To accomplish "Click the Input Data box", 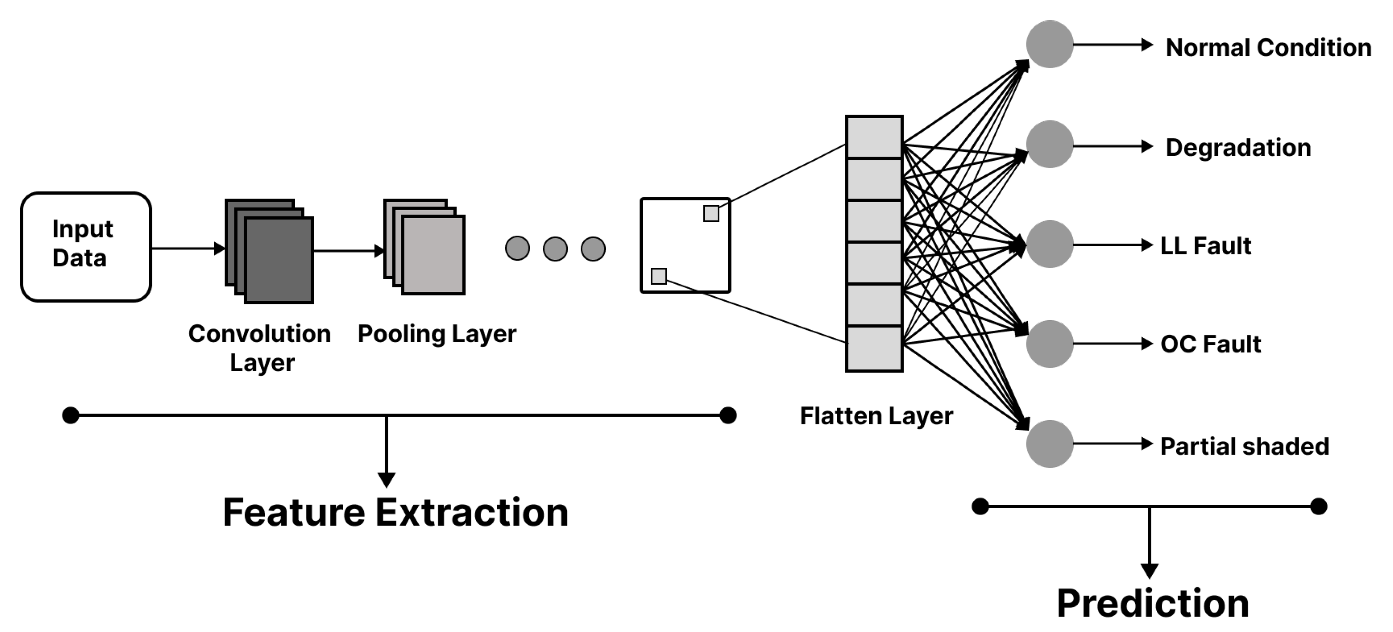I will tap(85, 247).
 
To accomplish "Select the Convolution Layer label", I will tap(260, 347).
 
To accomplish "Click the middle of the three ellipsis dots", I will tap(555, 249).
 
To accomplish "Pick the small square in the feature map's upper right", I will tap(711, 214).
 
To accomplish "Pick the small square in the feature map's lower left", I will tap(659, 276).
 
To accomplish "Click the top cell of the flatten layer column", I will tap(874, 137).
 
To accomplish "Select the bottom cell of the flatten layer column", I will tap(874, 349).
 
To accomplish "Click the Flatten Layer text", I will tap(876, 416).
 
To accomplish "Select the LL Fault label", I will tap(1205, 246).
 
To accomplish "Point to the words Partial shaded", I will tap(1244, 447).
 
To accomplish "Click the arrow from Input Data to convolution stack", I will tap(186, 249).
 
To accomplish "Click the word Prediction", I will tap(1152, 603).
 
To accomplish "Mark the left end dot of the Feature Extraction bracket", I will tap(71, 415).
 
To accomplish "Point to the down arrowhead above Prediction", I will tap(1149, 570).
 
